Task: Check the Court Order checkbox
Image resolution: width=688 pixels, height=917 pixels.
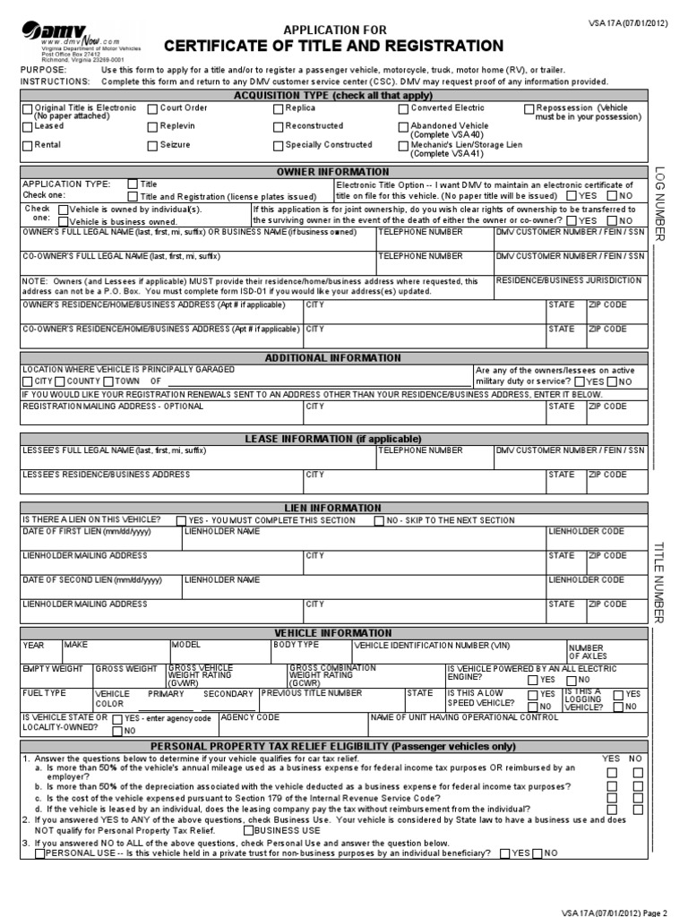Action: (x=152, y=108)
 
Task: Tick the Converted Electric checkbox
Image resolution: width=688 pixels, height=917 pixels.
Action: (x=403, y=108)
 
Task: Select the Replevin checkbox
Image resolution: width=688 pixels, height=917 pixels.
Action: (x=152, y=127)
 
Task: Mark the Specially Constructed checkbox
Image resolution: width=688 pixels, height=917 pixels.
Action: (x=279, y=145)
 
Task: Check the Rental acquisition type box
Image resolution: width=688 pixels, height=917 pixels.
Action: (x=26, y=145)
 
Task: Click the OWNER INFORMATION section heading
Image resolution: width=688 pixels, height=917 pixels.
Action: (x=332, y=172)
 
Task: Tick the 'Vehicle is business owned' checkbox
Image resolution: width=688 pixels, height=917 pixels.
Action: (x=63, y=221)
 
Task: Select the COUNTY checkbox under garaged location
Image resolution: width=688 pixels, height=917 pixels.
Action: (x=60, y=381)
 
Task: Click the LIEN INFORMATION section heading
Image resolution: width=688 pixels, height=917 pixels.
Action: (x=332, y=508)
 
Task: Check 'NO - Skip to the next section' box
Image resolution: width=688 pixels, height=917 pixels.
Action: (x=380, y=520)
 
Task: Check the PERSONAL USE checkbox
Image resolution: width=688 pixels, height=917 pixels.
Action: (x=39, y=853)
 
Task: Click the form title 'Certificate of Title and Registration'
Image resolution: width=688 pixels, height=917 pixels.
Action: (x=332, y=46)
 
